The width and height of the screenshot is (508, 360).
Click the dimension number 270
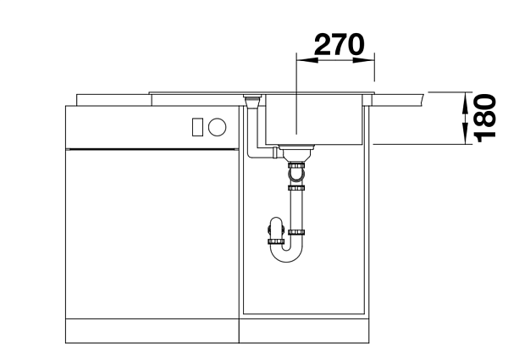tap(340, 44)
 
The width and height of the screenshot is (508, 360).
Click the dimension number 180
tap(485, 119)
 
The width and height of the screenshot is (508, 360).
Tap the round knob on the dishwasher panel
tap(217, 127)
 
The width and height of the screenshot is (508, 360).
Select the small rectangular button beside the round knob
tap(197, 127)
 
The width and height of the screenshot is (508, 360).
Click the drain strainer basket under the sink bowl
tap(297, 153)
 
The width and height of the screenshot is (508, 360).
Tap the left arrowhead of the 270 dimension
tap(307, 60)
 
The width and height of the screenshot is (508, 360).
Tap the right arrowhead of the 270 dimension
tap(364, 60)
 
